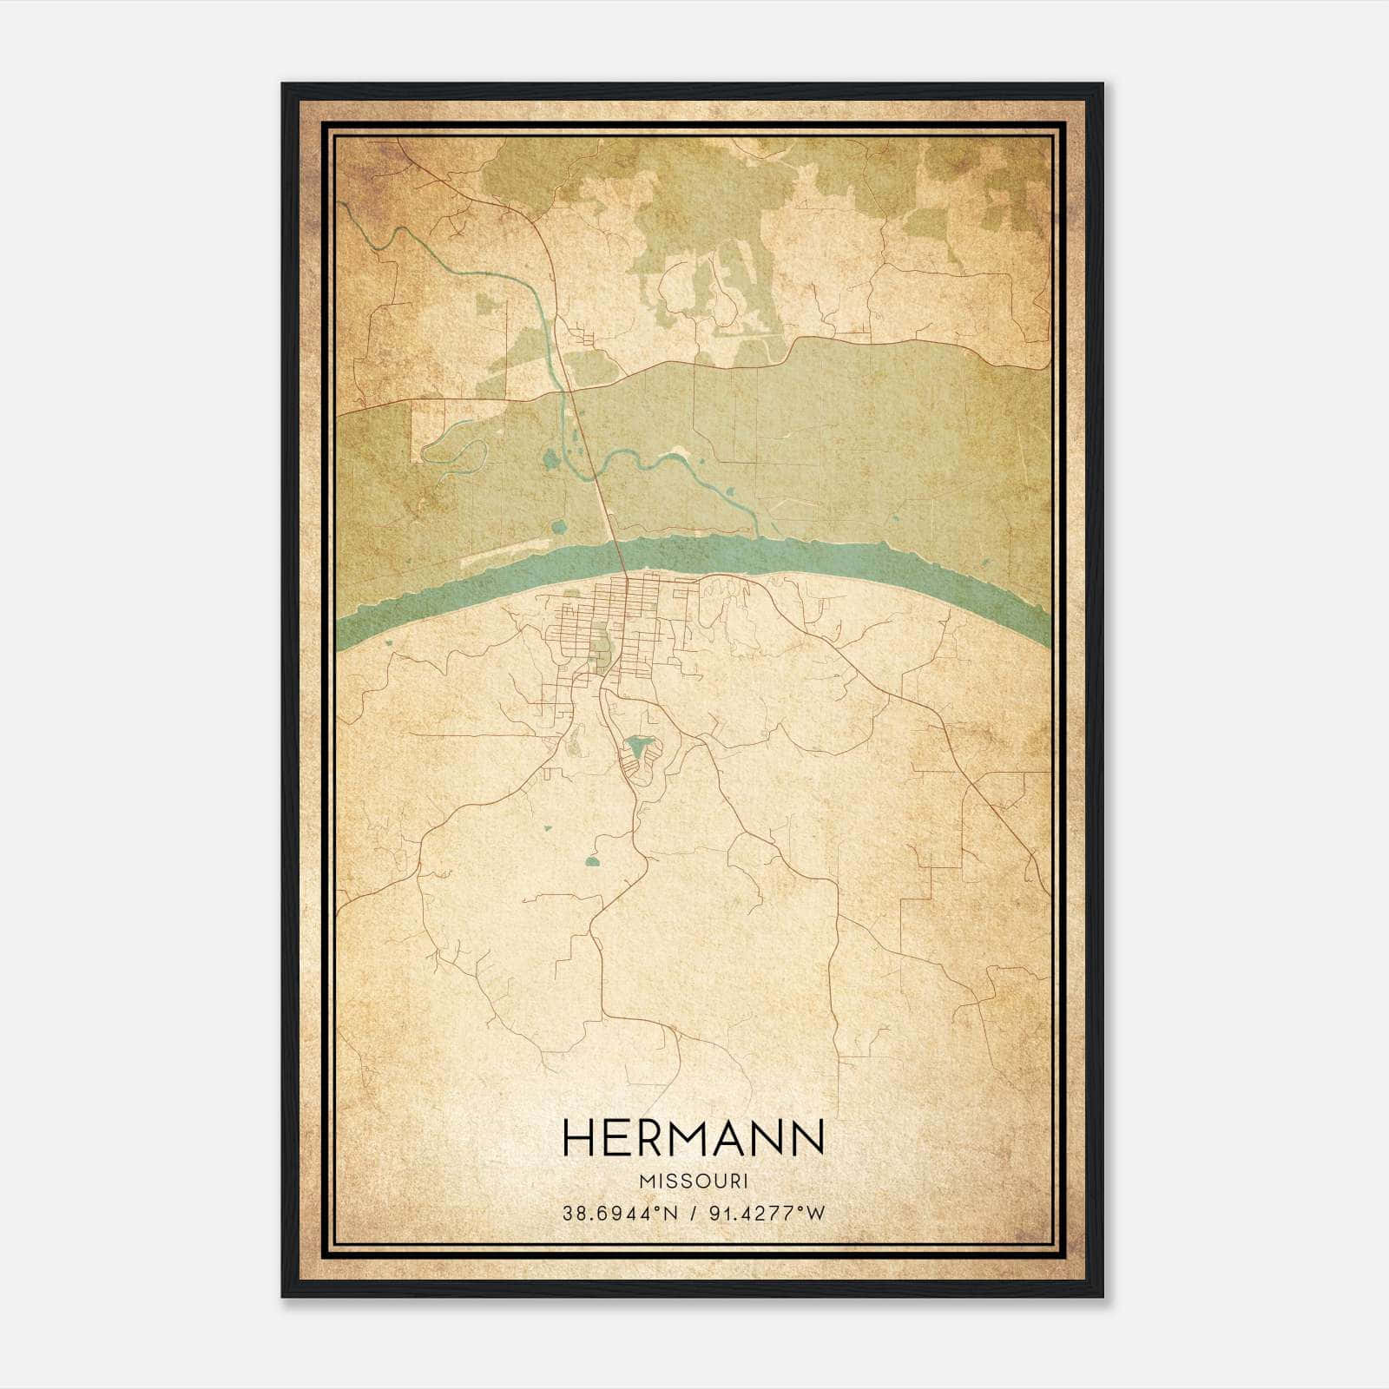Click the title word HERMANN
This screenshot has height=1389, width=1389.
693,1137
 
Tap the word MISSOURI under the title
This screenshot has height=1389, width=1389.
693,1182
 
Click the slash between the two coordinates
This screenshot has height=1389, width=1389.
693,1213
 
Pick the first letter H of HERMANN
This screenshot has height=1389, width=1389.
579,1137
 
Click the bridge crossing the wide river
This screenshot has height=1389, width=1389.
618,556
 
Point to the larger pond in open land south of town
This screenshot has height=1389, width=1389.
593,862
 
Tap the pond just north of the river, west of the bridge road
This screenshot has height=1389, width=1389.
559,526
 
